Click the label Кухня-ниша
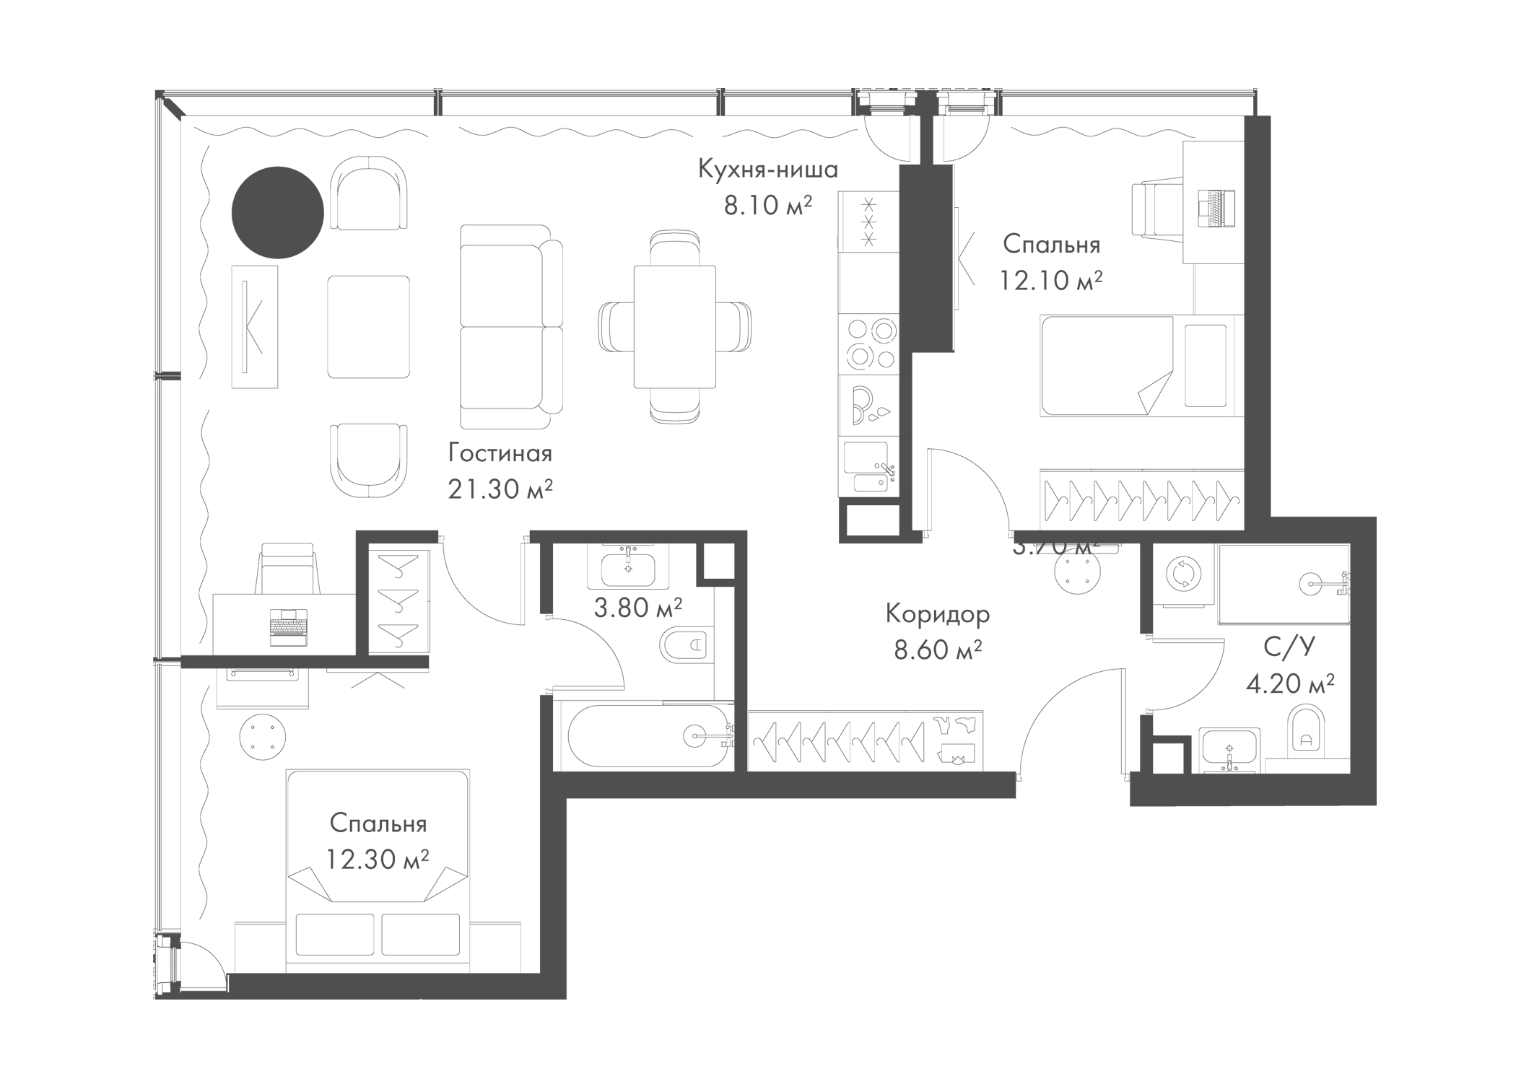coord(767,170)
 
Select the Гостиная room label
coord(500,454)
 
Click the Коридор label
coord(937,614)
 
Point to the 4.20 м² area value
coord(1289,683)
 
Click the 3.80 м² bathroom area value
coord(637,608)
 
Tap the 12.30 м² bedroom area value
coord(377,859)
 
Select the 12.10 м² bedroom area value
coord(1050,279)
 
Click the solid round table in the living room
coord(276,211)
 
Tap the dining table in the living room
coord(674,326)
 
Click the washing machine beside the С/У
coord(1181,575)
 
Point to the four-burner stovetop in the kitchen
coord(869,342)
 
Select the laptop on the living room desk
coord(288,625)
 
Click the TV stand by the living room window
coord(254,327)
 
